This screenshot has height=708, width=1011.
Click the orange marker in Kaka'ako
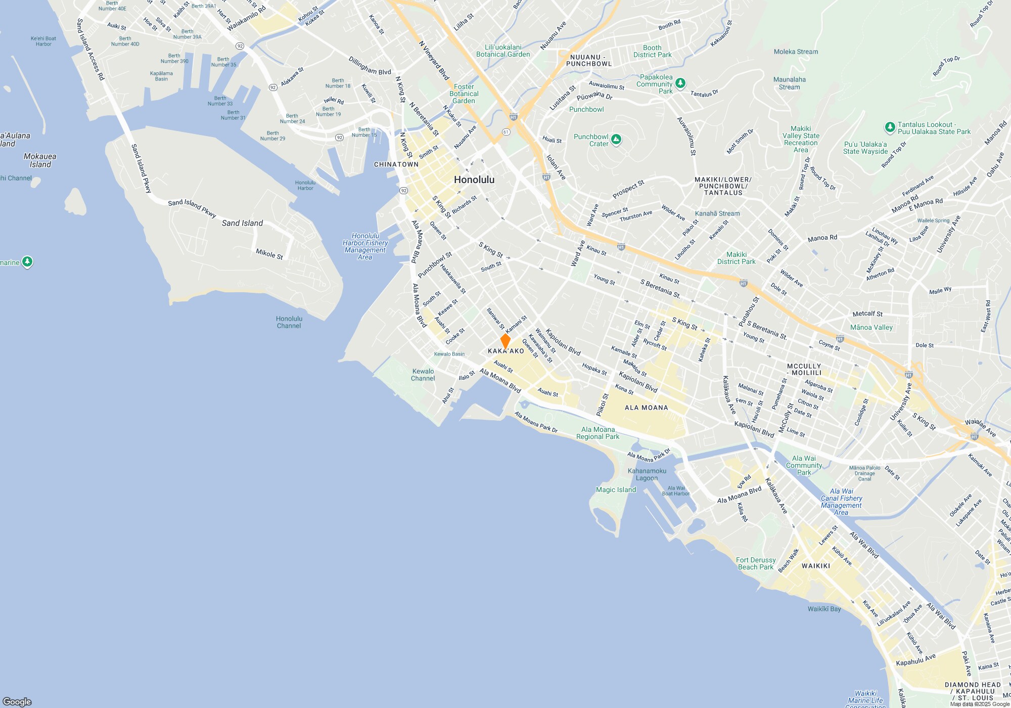tap(505, 340)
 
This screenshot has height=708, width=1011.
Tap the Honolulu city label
tap(474, 180)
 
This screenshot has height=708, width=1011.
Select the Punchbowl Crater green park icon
tap(616, 140)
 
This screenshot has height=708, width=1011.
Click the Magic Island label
tap(616, 490)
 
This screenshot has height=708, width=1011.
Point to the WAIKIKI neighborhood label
tap(815, 566)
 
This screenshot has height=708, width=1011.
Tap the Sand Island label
tap(242, 223)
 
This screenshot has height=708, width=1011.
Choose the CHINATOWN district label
tap(396, 164)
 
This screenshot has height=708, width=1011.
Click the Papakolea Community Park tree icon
tap(680, 83)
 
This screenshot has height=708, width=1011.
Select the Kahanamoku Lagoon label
tap(647, 474)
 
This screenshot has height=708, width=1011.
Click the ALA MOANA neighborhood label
tap(646, 408)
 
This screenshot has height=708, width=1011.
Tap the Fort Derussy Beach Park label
tap(755, 563)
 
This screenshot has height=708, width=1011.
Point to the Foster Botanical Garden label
tap(464, 94)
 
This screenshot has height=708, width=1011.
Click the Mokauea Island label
tap(40, 160)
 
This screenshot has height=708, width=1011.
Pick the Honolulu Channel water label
tap(289, 322)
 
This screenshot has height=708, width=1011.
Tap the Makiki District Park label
tap(736, 258)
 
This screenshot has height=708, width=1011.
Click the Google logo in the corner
tap(17, 701)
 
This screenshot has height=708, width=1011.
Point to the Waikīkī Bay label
tap(824, 609)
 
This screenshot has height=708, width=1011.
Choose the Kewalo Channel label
tap(423, 375)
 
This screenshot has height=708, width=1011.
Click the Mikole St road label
tap(269, 253)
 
